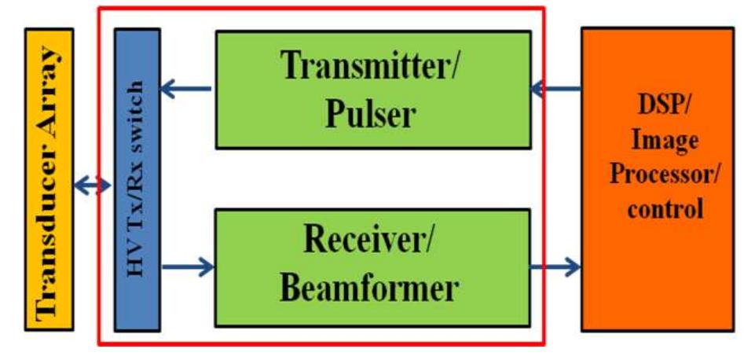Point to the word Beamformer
coord(368,288)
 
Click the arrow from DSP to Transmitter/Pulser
coord(556,89)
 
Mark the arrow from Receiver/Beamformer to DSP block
coord(556,267)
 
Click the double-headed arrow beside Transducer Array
coord(92,186)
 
